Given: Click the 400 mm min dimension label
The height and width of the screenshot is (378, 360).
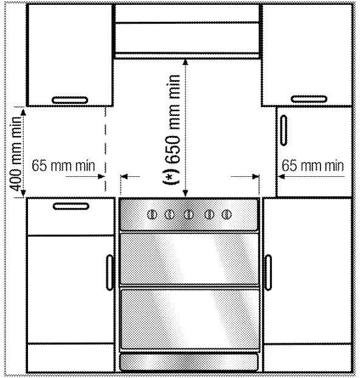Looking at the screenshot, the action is coord(15,154).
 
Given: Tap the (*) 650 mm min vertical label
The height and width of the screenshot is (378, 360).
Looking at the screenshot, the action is coord(172,129).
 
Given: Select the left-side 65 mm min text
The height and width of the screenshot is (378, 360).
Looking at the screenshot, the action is coord(63,166).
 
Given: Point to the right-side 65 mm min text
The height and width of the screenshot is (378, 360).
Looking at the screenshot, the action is coord(313,166).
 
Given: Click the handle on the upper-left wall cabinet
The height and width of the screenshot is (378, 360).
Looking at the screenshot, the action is coord(70,100).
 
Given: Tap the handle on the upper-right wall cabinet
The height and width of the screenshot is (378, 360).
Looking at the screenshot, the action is coord(309,99).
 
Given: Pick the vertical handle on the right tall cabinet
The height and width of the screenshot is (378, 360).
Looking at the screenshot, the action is coord(284,131).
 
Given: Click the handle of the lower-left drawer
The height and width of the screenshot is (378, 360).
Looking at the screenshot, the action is coord(71,207).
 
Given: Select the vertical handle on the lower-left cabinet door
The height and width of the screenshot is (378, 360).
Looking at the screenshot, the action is coord(110,272).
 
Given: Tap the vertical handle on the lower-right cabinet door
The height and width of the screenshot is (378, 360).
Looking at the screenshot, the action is coord(268,272).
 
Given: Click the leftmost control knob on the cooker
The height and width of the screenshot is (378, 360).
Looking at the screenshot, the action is coord(152,215).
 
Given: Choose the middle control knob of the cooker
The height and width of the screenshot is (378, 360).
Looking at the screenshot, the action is coord(189,215).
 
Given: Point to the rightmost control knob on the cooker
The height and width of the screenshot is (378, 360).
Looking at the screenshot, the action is coord(226,215).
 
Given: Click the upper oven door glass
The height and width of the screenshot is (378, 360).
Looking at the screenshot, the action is coord(189,259).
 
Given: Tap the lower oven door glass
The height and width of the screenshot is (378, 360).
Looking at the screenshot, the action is coord(189,320).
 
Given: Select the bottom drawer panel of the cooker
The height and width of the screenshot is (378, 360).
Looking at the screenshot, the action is coord(189,362).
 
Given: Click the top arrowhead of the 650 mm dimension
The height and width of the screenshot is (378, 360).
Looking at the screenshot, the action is coord(185,62).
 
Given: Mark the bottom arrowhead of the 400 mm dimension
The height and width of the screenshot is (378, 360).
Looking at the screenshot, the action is coord(23,194).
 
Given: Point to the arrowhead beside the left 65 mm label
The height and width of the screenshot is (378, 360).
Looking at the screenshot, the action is coord(101,177).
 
